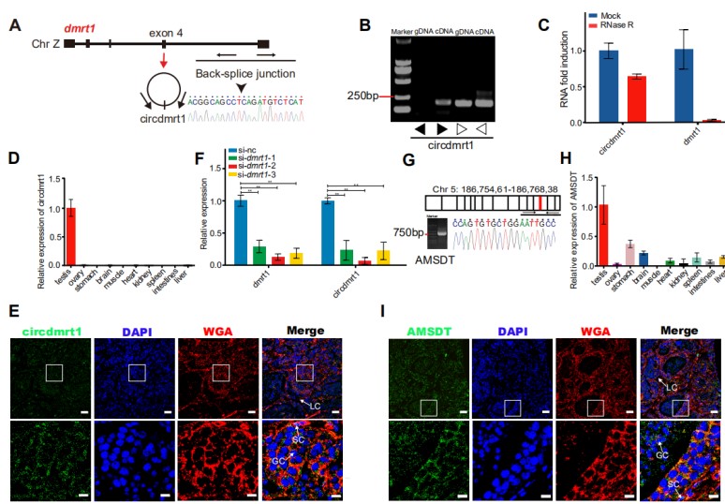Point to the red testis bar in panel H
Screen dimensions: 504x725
click(603, 234)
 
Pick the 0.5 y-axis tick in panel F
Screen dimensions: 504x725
click(221, 233)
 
